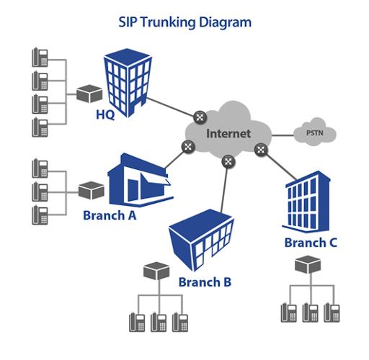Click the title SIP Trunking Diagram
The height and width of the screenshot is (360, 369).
pyautogui.click(x=185, y=23)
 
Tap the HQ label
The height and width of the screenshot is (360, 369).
pyautogui.click(x=105, y=114)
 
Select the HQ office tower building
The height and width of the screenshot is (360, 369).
pyautogui.click(x=128, y=83)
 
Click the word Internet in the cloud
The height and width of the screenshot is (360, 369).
pyautogui.click(x=228, y=134)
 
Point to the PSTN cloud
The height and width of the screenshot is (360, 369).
pyautogui.click(x=315, y=132)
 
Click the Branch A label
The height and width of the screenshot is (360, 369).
pyautogui.click(x=110, y=215)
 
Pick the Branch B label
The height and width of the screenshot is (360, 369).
pyautogui.click(x=205, y=282)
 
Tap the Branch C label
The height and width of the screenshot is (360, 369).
pyautogui.click(x=311, y=243)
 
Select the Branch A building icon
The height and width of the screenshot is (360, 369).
pyautogui.click(x=141, y=180)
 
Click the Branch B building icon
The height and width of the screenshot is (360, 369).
pyautogui.click(x=201, y=240)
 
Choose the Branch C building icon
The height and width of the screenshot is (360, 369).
pyautogui.click(x=306, y=202)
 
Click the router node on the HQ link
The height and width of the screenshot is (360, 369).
pyautogui.click(x=200, y=117)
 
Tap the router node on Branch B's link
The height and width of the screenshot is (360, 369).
pyautogui.click(x=228, y=162)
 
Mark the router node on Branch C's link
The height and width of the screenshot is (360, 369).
pyautogui.click(x=261, y=150)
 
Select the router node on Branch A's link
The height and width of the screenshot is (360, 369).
pyautogui.click(x=188, y=147)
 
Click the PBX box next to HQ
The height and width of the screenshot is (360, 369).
pyautogui.click(x=89, y=94)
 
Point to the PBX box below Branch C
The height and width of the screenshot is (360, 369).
pyautogui.click(x=308, y=264)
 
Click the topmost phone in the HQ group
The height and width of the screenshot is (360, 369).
pyautogui.click(x=40, y=57)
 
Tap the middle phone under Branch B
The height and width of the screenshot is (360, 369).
pyautogui.click(x=159, y=322)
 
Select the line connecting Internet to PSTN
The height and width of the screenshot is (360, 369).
pyautogui.click(x=283, y=135)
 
